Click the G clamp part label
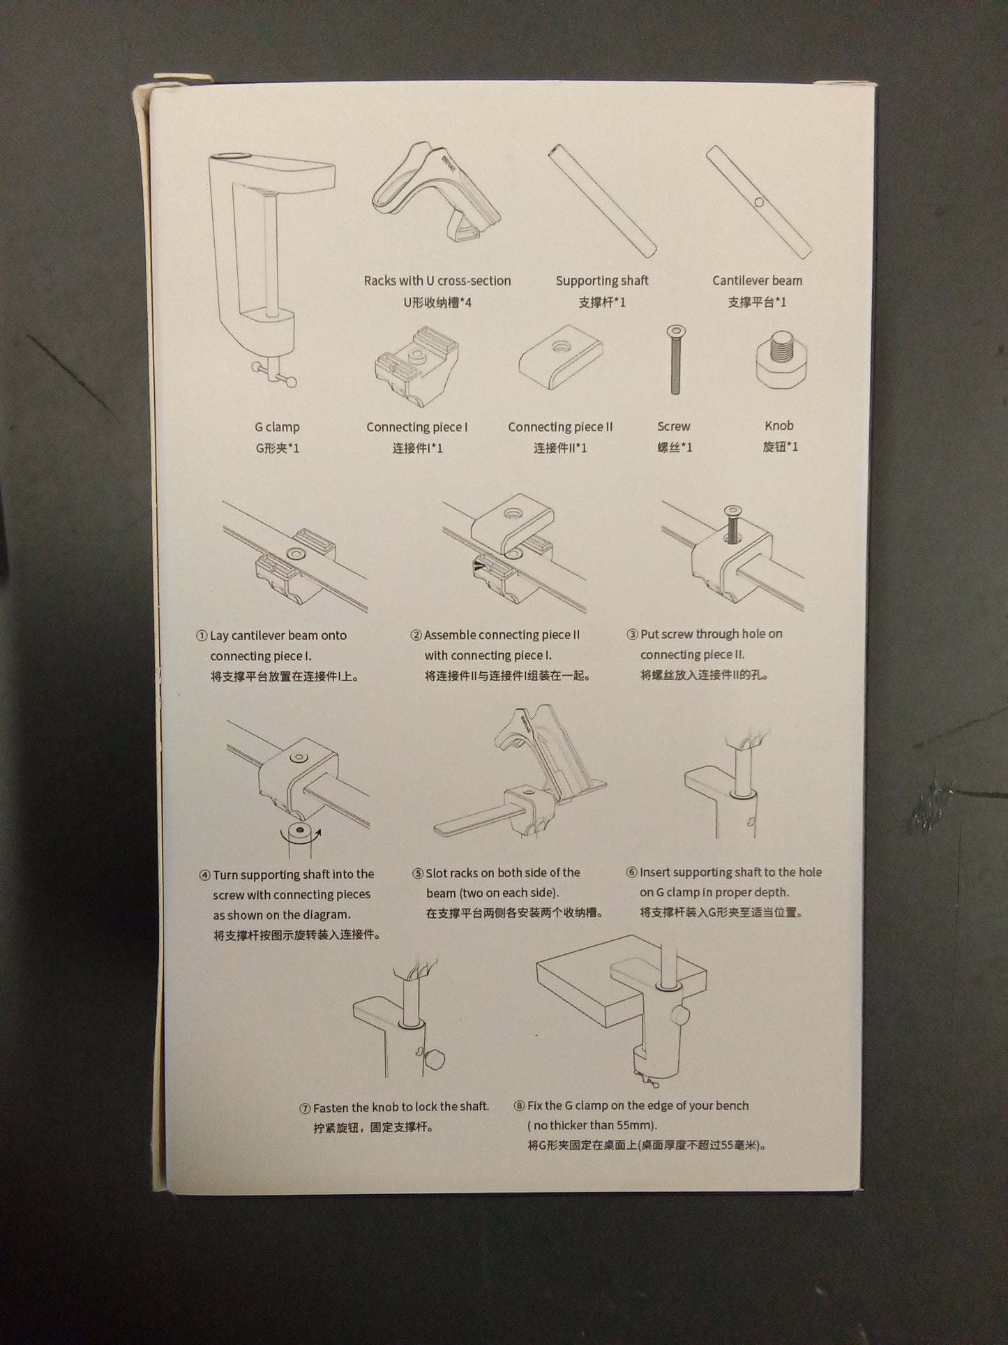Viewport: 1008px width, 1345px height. [277, 426]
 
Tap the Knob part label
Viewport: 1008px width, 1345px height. [778, 425]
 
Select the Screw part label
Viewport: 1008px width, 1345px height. [673, 426]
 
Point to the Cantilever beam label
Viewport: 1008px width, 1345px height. [757, 281]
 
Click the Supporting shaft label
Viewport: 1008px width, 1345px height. [602, 281]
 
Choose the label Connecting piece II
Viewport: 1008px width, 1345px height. [560, 426]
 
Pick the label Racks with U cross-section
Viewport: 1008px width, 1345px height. [437, 281]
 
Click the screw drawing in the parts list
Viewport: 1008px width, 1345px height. [674, 359]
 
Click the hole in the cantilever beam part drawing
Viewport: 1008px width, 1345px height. [759, 202]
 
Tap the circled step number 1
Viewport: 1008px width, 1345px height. [202, 636]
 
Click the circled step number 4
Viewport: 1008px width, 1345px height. [204, 875]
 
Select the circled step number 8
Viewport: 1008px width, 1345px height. [519, 1106]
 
